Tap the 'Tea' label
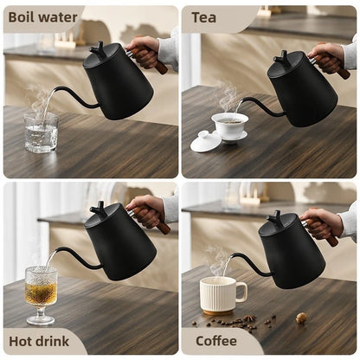205,16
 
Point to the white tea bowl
229,127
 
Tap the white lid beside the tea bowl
207,140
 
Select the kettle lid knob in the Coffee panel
273,216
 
